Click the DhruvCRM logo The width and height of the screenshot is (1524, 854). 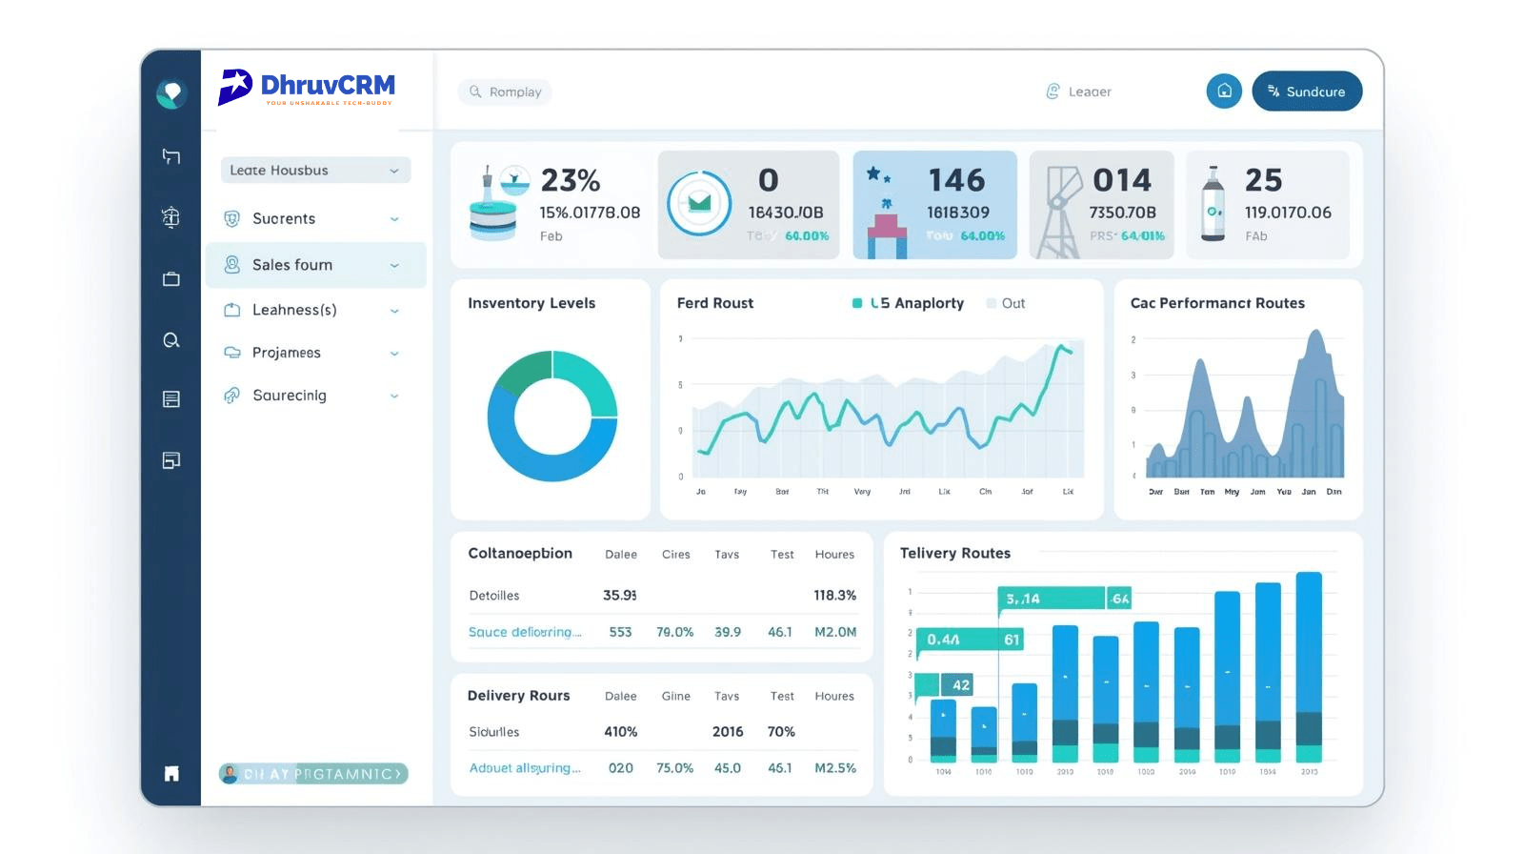306,87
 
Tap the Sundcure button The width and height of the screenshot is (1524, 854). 1306,91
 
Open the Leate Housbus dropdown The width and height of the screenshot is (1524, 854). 315,170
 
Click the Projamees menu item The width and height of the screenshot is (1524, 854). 286,353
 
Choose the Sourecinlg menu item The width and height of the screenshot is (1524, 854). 289,396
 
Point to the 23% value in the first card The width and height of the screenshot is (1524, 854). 571,180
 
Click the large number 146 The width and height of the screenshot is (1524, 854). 956,180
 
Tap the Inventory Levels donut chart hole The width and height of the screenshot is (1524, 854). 552,417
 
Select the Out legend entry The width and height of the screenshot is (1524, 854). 1012,303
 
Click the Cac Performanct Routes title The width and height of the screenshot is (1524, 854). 1217,303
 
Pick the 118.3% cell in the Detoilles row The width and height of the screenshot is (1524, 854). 834,595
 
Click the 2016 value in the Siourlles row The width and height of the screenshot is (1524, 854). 727,731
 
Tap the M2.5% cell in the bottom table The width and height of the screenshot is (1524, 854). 834,767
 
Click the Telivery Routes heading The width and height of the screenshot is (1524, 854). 954,553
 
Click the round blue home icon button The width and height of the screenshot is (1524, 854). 1224,91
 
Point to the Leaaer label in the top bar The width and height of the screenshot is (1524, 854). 1089,91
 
